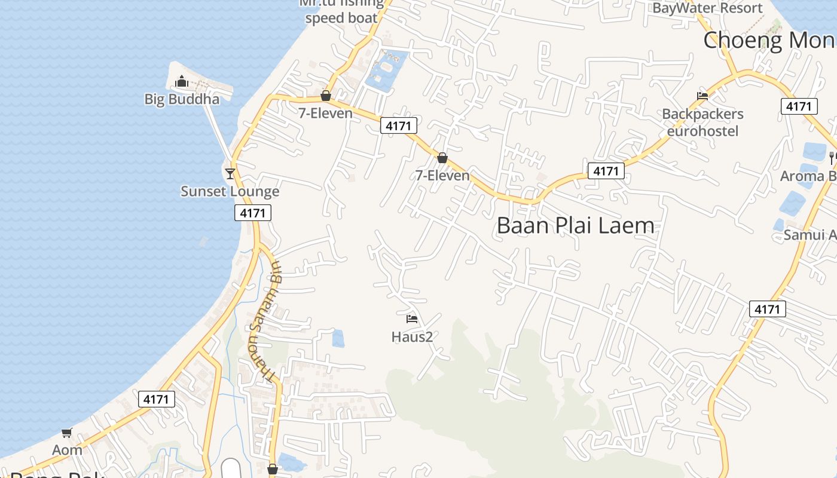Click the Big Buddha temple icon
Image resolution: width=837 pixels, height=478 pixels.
pyautogui.click(x=182, y=81)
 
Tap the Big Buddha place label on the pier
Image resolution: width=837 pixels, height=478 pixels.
pyautogui.click(x=182, y=99)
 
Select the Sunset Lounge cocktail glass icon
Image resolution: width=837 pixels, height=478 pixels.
pyautogui.click(x=230, y=174)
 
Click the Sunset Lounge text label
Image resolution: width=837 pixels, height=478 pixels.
pyautogui.click(x=230, y=191)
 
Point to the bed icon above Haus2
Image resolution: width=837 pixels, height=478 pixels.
pyautogui.click(x=412, y=319)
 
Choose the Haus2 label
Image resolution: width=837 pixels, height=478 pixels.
pyautogui.click(x=412, y=337)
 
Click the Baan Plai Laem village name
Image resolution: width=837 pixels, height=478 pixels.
pyautogui.click(x=575, y=226)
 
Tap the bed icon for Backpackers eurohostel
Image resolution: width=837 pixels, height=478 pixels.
pyautogui.click(x=702, y=96)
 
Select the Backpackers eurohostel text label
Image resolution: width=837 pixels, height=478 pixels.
pyautogui.click(x=702, y=122)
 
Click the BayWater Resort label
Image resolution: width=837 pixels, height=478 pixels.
pyautogui.click(x=707, y=8)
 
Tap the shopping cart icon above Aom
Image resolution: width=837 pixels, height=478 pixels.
pyautogui.click(x=66, y=433)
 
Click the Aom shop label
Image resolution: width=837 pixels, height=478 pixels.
pyautogui.click(x=67, y=450)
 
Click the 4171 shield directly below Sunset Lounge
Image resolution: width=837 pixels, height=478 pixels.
pyautogui.click(x=253, y=213)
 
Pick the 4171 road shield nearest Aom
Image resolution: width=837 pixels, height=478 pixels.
pyautogui.click(x=157, y=399)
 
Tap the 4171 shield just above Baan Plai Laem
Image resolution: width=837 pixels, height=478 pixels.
pyautogui.click(x=606, y=171)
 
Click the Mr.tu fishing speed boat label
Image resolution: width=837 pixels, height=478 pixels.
pyautogui.click(x=341, y=11)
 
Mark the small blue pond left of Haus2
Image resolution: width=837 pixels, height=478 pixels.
pyautogui.click(x=338, y=338)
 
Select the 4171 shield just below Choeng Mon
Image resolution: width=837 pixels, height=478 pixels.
pyautogui.click(x=799, y=106)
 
